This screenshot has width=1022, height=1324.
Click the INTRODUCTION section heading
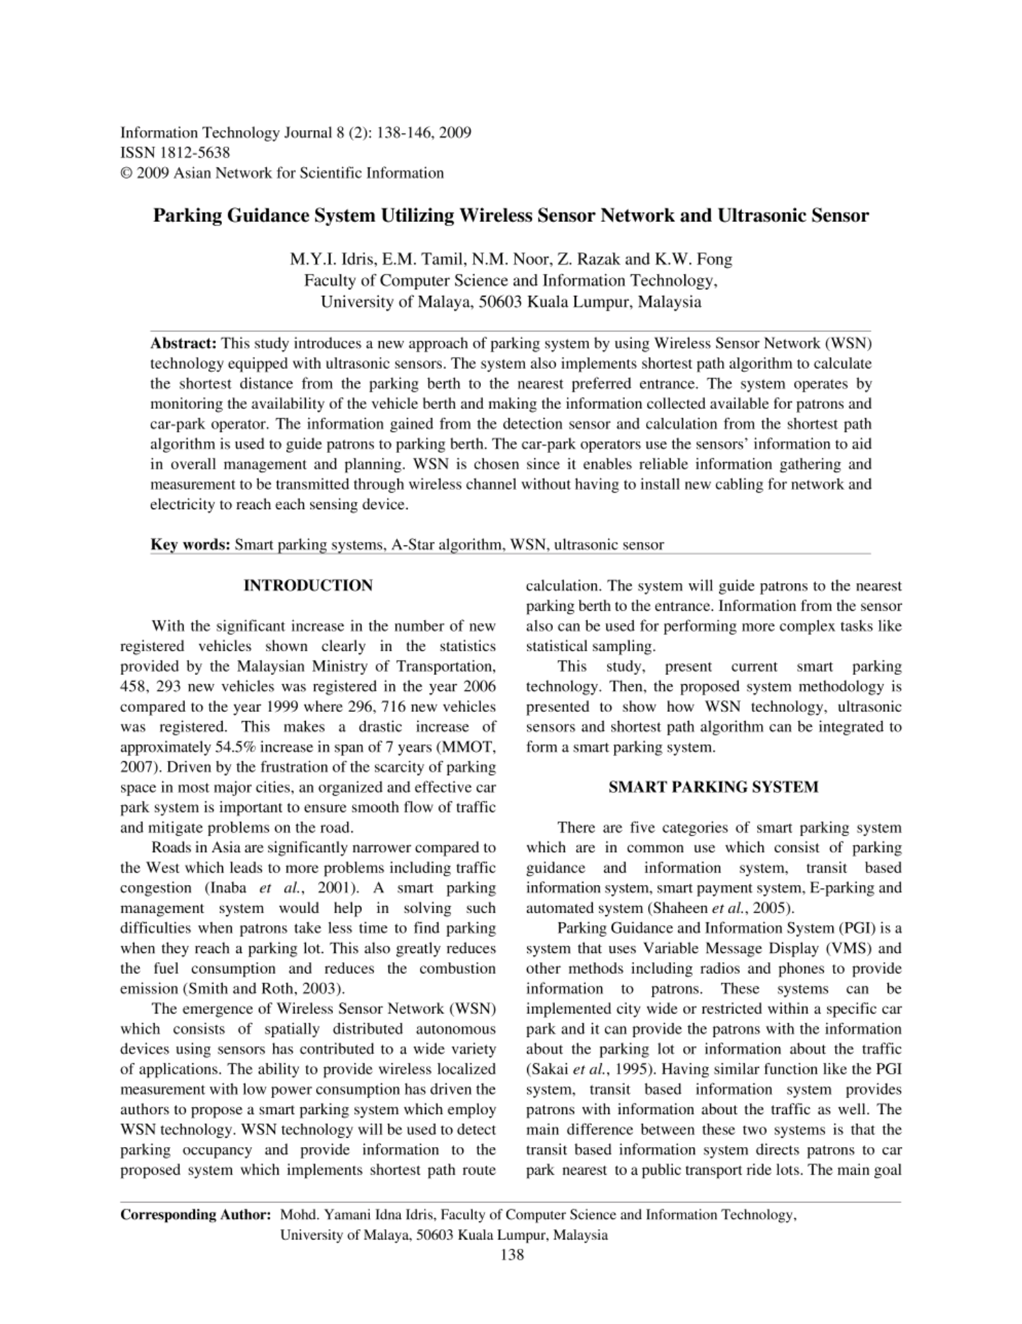coord(308,586)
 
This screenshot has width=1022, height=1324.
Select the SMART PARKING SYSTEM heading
coord(713,787)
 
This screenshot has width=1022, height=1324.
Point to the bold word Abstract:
coord(184,343)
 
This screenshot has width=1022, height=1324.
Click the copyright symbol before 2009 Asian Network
coord(125,174)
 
